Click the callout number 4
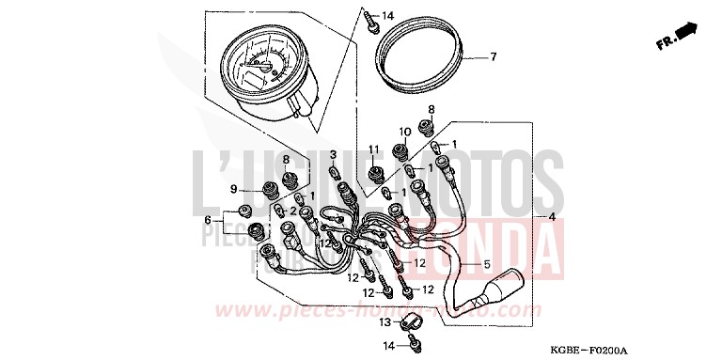[x=553, y=218]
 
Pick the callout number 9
[x=232, y=189]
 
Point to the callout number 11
[x=373, y=150]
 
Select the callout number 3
[x=332, y=154]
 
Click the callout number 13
[x=385, y=321]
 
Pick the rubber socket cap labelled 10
[x=404, y=150]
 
